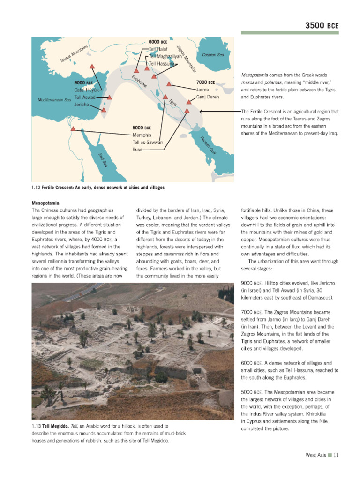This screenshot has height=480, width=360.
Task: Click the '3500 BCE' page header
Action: click(322, 25)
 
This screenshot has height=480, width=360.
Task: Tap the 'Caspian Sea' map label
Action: click(212, 55)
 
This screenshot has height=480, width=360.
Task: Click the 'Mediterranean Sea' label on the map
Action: click(54, 100)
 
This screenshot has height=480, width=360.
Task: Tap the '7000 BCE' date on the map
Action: click(205, 82)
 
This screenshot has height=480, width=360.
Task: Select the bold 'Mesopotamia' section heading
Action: click(45, 203)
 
